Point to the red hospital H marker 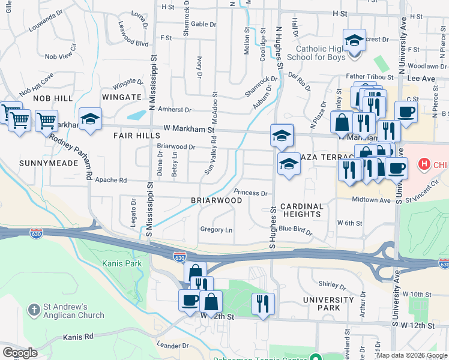click(x=424, y=163)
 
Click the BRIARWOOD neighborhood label click(x=216, y=200)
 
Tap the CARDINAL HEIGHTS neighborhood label click(x=301, y=210)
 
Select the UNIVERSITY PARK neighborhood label click(x=328, y=304)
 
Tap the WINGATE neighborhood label click(x=122, y=97)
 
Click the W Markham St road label click(x=189, y=129)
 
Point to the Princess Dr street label click(x=250, y=193)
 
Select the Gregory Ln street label click(x=216, y=230)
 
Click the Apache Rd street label click(x=114, y=180)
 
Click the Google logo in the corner click(x=20, y=353)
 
